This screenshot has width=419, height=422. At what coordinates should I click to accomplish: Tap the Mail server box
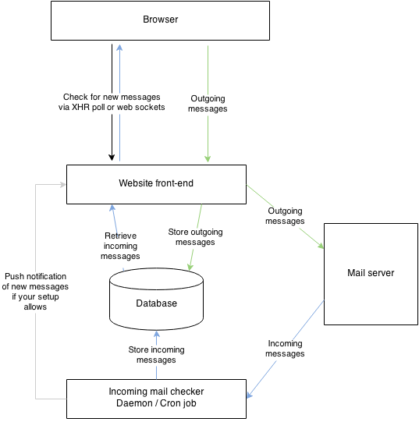click(x=371, y=273)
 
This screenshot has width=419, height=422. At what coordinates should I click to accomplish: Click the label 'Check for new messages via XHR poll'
click(x=112, y=102)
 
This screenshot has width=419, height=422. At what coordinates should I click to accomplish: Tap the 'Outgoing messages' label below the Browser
click(x=208, y=104)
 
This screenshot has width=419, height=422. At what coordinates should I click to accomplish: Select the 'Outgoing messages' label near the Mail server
click(x=286, y=216)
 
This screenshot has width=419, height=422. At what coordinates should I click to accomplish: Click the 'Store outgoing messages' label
click(x=190, y=237)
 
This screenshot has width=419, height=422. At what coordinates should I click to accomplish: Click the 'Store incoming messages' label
click(x=156, y=355)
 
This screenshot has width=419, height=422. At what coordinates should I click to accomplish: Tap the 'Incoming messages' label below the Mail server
click(x=285, y=349)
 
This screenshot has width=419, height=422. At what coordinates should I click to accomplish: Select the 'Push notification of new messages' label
click(x=36, y=291)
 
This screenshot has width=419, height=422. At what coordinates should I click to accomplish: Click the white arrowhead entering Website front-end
click(x=62, y=185)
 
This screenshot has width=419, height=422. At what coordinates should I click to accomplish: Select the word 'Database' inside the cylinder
click(x=156, y=303)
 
